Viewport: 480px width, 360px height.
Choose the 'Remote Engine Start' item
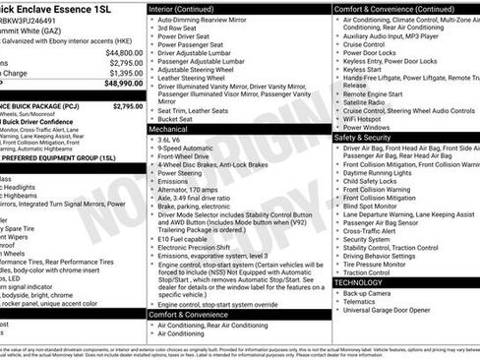tap(378, 90)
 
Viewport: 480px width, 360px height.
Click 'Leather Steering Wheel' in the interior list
tap(196, 80)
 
